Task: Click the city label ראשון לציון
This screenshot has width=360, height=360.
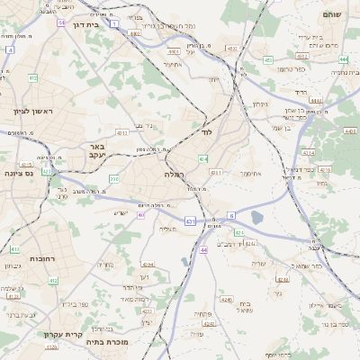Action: point(33,112)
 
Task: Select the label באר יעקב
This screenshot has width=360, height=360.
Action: point(97,150)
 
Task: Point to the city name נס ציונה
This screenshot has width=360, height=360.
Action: point(19,173)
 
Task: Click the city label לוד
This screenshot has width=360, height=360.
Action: point(206,132)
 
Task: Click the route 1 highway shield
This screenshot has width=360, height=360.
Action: point(114,22)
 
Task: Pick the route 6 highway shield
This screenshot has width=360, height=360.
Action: point(230,215)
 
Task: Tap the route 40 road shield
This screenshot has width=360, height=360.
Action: point(141,214)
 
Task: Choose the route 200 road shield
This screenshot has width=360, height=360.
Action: point(113,178)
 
